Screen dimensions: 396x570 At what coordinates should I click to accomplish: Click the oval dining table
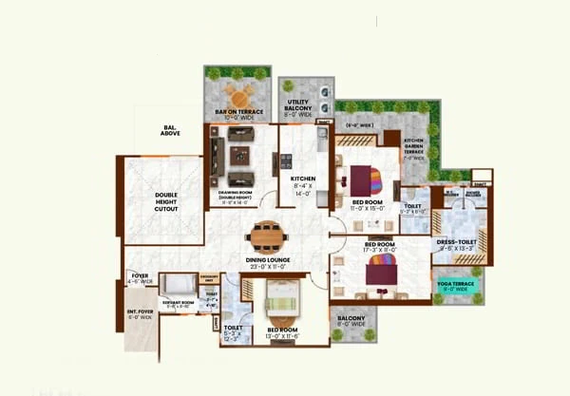coord(268,234)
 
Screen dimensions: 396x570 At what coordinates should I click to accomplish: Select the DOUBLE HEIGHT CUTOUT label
coord(166,201)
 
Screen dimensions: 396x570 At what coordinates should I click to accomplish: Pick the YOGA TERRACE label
coord(455,285)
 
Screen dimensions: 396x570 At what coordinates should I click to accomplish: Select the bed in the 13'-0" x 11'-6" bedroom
coord(281,306)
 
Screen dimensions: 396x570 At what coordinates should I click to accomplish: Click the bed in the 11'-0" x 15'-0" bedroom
coord(366,180)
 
